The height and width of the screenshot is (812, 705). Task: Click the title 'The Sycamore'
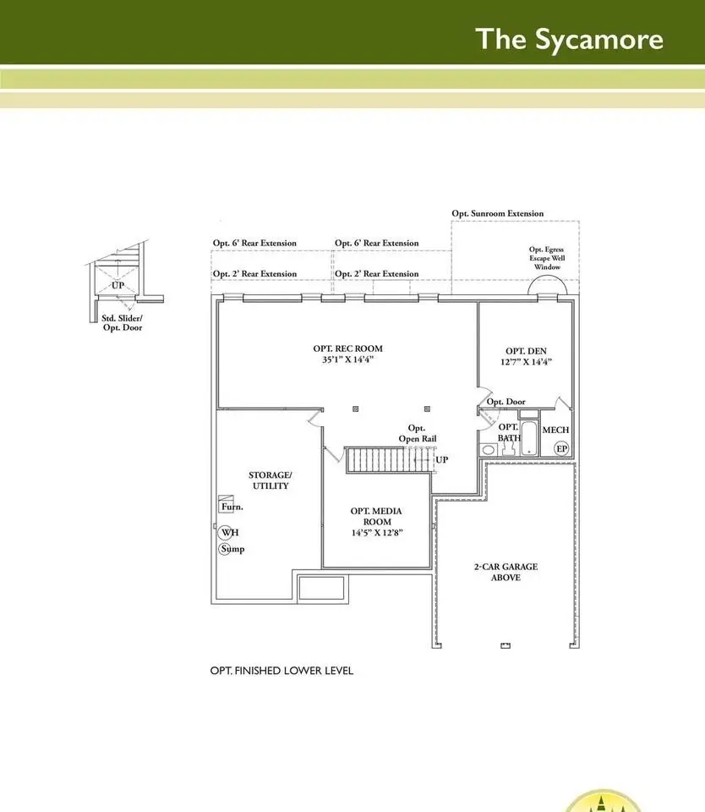(x=569, y=40)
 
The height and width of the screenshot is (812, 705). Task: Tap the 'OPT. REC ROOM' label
(x=347, y=348)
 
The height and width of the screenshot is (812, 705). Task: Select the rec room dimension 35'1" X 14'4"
(x=347, y=359)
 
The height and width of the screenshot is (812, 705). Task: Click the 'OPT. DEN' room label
(x=526, y=351)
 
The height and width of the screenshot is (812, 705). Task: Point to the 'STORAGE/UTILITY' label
(x=271, y=480)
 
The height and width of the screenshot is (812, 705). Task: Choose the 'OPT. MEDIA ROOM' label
(x=376, y=516)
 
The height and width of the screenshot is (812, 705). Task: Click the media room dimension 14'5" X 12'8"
(x=377, y=532)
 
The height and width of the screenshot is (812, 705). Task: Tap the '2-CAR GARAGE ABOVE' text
(x=506, y=572)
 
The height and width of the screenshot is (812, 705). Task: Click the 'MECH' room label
(x=555, y=430)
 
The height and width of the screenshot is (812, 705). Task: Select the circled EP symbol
(x=561, y=448)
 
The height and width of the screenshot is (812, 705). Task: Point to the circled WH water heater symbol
(x=227, y=532)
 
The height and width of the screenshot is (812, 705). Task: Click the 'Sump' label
(x=232, y=549)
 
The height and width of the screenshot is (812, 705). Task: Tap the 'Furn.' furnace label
(x=232, y=507)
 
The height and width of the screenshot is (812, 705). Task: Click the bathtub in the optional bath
(x=529, y=439)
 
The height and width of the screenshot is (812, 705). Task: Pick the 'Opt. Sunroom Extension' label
(x=497, y=213)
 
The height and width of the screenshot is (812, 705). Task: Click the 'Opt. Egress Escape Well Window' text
(x=547, y=258)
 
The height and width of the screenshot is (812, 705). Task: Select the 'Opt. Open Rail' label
(x=418, y=433)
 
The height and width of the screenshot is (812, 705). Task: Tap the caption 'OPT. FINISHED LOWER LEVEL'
(x=281, y=671)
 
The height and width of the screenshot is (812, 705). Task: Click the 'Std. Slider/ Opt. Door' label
(x=123, y=322)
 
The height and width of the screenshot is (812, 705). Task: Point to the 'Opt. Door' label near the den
(x=506, y=401)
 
